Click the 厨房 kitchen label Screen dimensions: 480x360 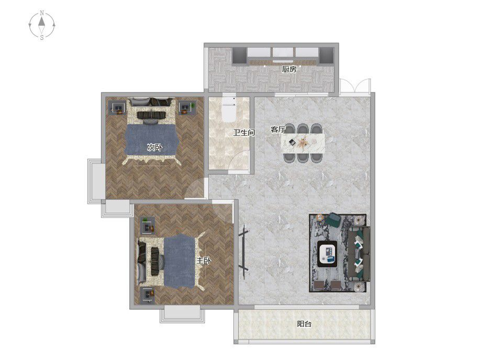pos(289,70)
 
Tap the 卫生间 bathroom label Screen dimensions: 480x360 pos(244,132)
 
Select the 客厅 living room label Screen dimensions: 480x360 pos(277,129)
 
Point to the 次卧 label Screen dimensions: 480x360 pos(154,148)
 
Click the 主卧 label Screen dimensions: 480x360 pos(204,261)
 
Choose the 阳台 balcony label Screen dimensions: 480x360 pos(304,323)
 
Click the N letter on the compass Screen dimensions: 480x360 pos(42,13)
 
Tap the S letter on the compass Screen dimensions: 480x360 pos(42,38)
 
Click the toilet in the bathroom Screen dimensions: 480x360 pos(229,109)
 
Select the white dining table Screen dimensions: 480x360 pos(303,143)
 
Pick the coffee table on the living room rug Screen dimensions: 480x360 pos(327,253)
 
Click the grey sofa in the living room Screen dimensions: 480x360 pos(359,254)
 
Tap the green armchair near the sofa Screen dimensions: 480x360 pos(333,219)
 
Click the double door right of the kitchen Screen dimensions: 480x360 pos(355,86)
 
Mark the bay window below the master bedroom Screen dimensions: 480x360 pos(182,314)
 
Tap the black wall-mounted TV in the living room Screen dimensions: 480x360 pos(243,252)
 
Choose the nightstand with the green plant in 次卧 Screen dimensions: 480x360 pos(187,108)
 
